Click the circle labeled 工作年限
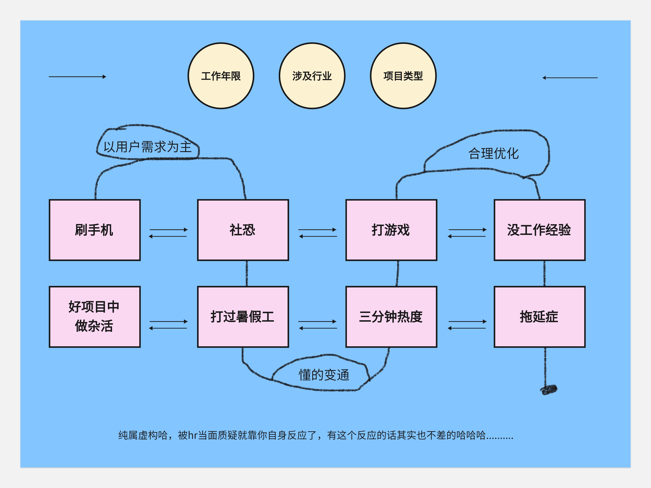pyautogui.click(x=221, y=76)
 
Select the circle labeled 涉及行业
pyautogui.click(x=312, y=76)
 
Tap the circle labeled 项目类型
pyautogui.click(x=403, y=76)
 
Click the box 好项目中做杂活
pyautogui.click(x=94, y=317)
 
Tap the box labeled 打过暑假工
pyautogui.click(x=243, y=317)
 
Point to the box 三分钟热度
pyautogui.click(x=391, y=317)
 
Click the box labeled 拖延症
pyautogui.click(x=540, y=317)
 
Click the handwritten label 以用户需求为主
pyautogui.click(x=147, y=147)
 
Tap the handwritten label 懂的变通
pyautogui.click(x=324, y=375)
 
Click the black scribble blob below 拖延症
pyautogui.click(x=549, y=390)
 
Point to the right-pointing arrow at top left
pyautogui.click(x=77, y=77)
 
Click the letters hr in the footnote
pyautogui.click(x=193, y=435)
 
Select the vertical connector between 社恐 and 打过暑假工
pyautogui.click(x=247, y=273)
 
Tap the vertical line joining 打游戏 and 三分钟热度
pyautogui.click(x=398, y=273)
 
